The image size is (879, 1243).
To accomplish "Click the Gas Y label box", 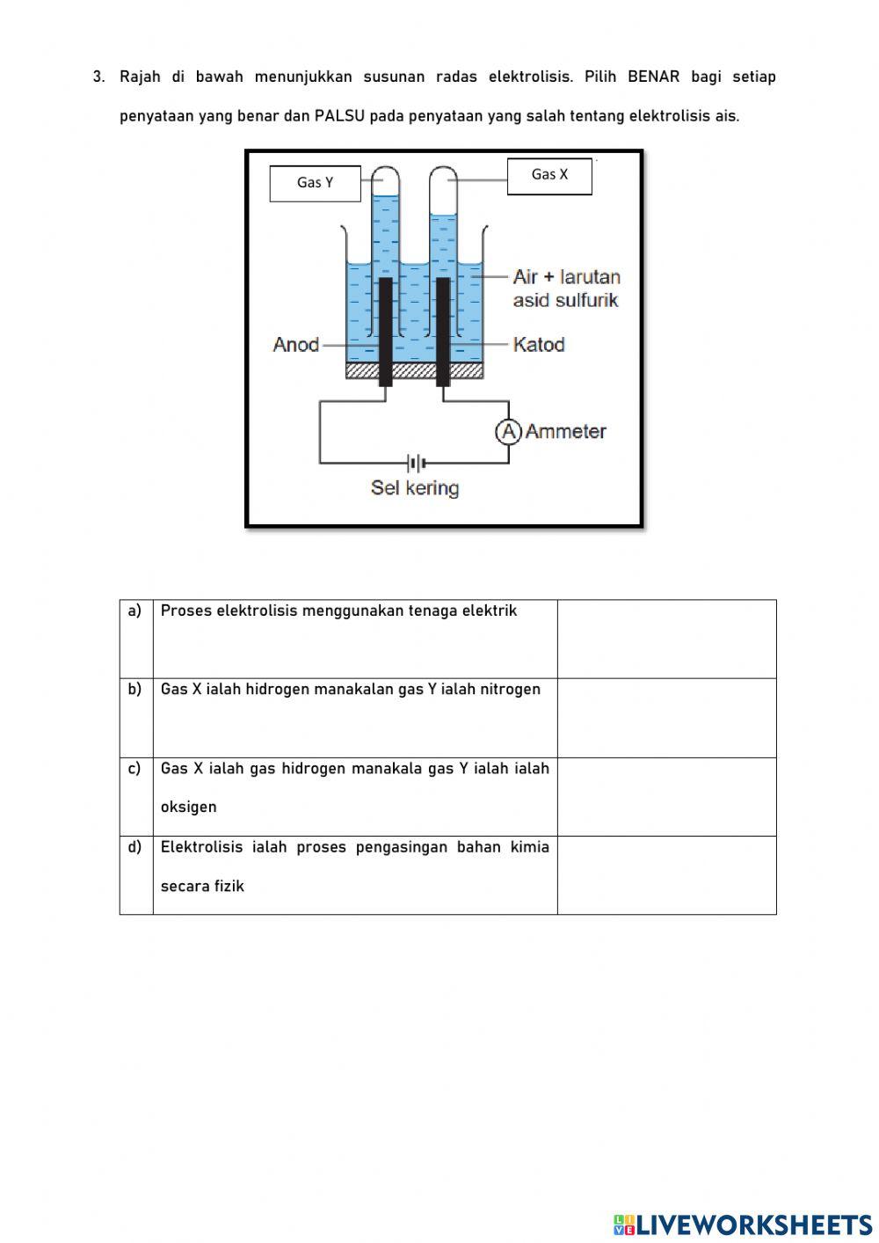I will (x=315, y=183).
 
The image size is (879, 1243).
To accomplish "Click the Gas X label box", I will (x=549, y=175).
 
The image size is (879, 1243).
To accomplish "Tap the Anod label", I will (x=295, y=345).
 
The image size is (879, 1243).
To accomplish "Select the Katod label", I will (x=539, y=345).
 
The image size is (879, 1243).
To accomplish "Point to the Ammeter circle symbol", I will (x=508, y=432).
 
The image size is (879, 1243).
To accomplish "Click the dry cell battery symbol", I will (x=415, y=463).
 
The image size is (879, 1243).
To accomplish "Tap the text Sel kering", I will (x=415, y=488).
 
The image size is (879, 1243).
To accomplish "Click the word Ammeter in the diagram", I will (x=566, y=432).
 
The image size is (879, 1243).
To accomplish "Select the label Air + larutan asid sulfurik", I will (x=566, y=289).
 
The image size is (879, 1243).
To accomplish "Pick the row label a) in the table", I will (x=134, y=611).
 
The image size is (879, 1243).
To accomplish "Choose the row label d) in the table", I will (x=134, y=847).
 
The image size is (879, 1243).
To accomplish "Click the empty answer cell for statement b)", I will (x=666, y=718).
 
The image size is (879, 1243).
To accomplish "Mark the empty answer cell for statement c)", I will (x=666, y=797).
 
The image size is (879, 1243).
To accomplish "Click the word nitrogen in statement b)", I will (x=510, y=690).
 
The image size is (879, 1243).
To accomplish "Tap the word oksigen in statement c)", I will (x=188, y=808).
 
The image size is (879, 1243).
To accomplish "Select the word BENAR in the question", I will (x=653, y=77).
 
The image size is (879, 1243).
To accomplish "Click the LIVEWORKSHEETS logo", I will (x=743, y=1225).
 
